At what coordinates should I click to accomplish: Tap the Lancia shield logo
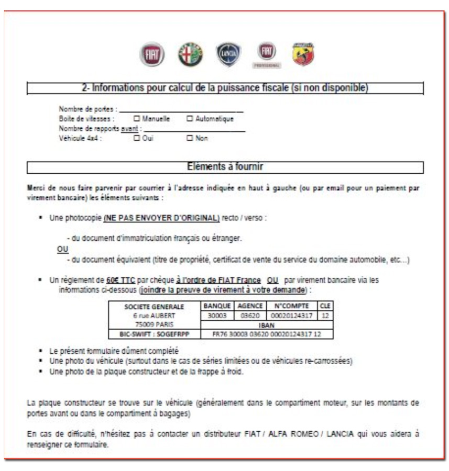(229, 54)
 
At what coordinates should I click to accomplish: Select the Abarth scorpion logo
(302, 54)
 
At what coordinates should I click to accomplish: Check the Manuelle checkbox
(137, 119)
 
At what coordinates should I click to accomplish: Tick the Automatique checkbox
(190, 119)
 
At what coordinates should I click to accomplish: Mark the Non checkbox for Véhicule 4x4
(190, 139)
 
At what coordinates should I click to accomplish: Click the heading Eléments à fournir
(225, 167)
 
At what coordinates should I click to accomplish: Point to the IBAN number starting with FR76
(267, 334)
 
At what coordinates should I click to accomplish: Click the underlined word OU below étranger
(62, 249)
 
